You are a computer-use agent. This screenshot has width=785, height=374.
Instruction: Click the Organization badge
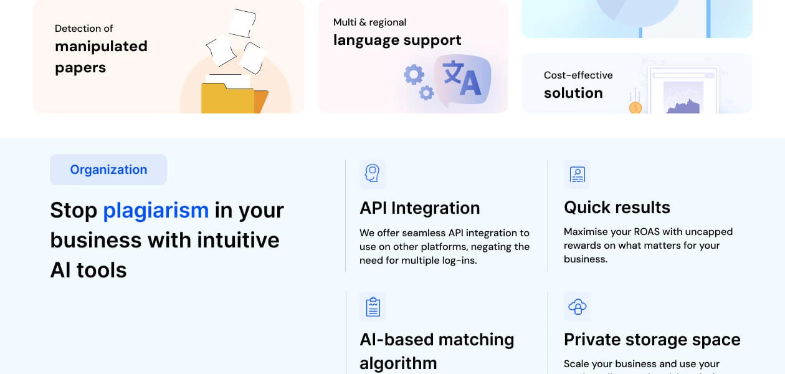click(x=108, y=170)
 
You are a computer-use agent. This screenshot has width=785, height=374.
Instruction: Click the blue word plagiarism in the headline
click(x=156, y=210)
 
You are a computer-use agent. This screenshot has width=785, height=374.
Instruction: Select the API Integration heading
click(x=419, y=208)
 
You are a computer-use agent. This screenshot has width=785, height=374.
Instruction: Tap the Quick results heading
click(x=617, y=207)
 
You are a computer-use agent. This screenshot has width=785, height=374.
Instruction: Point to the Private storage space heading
click(x=652, y=339)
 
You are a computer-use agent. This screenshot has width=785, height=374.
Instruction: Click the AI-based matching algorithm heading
click(x=436, y=350)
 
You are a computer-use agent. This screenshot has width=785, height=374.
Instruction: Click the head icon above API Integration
click(x=373, y=174)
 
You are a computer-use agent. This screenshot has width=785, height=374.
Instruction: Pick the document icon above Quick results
click(x=577, y=174)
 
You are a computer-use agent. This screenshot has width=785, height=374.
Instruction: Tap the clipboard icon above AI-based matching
click(x=373, y=306)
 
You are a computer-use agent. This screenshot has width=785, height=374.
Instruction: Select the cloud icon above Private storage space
click(x=577, y=306)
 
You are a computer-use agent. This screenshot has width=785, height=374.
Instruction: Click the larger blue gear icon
click(x=414, y=75)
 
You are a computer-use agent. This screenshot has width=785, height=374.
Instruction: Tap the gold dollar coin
click(x=635, y=108)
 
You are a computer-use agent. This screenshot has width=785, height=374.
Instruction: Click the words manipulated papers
click(x=101, y=57)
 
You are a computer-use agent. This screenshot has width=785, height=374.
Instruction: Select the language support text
click(x=397, y=40)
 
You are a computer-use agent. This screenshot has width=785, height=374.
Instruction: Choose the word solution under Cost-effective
click(x=573, y=93)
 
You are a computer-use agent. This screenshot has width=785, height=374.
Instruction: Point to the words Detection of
click(x=83, y=28)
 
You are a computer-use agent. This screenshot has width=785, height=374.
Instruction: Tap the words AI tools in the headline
click(x=88, y=270)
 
